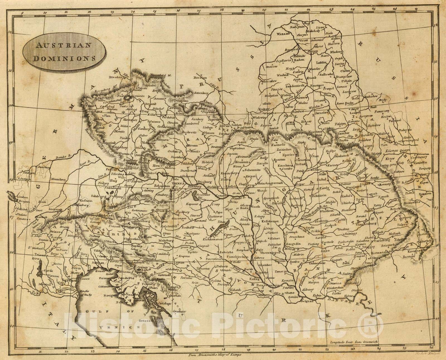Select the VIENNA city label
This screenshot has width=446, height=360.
pos(178,184)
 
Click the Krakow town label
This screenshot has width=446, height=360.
pos(265,109)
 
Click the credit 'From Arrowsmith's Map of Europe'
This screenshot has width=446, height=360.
pos(215,355)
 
